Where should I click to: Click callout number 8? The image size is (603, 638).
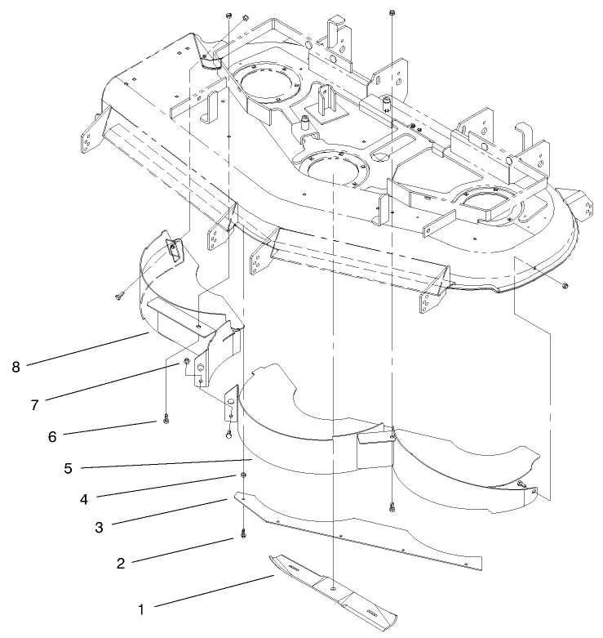coord(16,368)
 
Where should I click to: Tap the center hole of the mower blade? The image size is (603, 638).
coord(335,588)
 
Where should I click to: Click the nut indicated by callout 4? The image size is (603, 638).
coord(243,476)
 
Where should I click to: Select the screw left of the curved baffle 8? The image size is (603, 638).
coord(119,296)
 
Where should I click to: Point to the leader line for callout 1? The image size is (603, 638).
coord(212,592)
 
